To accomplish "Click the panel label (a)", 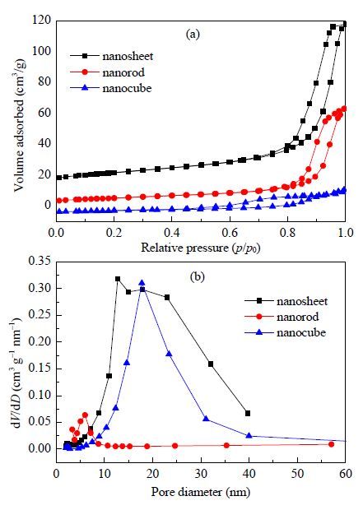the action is click(193, 34).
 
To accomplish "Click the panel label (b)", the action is click(198, 276).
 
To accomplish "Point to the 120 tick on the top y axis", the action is click(42, 21).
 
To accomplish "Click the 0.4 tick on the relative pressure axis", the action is click(172, 233).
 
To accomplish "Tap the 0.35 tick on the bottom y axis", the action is click(40, 262).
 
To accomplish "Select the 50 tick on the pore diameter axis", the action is click(298, 474).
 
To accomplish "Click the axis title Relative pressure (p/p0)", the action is click(201, 248).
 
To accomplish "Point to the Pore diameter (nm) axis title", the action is click(201, 492).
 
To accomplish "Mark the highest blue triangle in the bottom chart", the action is click(142, 282).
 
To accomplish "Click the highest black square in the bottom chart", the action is click(118, 279).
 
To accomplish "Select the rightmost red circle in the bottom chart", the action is click(331, 444).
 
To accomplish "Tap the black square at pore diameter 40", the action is click(248, 414).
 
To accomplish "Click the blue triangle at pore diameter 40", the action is click(249, 435).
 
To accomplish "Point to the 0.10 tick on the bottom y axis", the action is click(40, 395).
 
